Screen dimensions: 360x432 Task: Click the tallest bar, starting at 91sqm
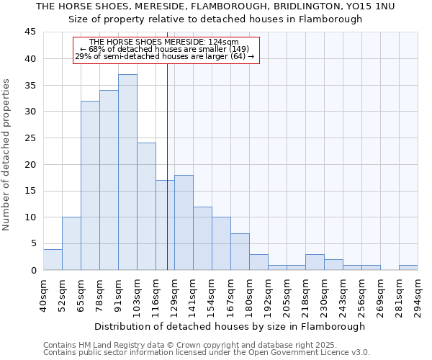[x=127, y=172]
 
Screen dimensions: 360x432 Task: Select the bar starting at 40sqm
[x=53, y=259]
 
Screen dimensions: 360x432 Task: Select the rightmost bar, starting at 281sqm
[x=408, y=268]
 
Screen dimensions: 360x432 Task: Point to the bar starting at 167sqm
[x=240, y=251]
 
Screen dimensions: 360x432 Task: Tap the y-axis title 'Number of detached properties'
[x=7, y=155]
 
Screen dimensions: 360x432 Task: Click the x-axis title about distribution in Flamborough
[x=230, y=326]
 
